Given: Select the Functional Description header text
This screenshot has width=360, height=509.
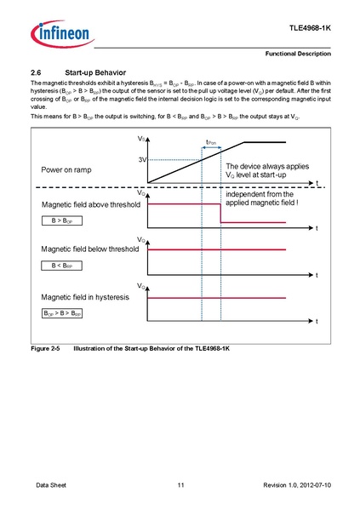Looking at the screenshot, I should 298,54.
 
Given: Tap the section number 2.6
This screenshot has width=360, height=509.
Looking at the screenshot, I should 37,71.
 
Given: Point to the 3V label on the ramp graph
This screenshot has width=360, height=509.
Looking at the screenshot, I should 141,160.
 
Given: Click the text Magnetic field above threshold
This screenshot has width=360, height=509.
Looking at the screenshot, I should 89,205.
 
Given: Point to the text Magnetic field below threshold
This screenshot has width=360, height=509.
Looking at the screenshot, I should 89,250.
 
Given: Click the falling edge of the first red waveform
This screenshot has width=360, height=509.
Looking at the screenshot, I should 220,214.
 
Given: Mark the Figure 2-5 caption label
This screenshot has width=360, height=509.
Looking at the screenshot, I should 47,350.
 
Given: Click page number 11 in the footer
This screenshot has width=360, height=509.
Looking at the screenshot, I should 180,484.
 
